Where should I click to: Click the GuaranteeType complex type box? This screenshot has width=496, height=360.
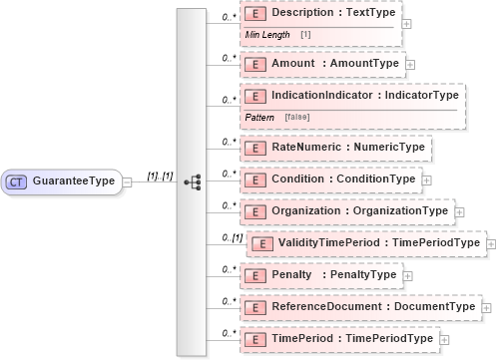click(x=62, y=182)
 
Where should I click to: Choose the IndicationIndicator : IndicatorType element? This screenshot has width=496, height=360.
click(x=354, y=96)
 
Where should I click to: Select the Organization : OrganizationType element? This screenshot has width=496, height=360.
click(x=348, y=210)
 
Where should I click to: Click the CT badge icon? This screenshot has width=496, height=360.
click(x=17, y=182)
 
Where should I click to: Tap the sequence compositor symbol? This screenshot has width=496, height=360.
click(x=193, y=182)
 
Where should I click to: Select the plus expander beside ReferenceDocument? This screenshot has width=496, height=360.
click(x=487, y=307)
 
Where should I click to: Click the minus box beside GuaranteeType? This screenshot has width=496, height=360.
click(x=127, y=182)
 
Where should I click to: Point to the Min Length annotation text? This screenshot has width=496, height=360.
click(x=266, y=35)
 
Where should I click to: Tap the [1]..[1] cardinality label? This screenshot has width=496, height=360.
click(x=161, y=176)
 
